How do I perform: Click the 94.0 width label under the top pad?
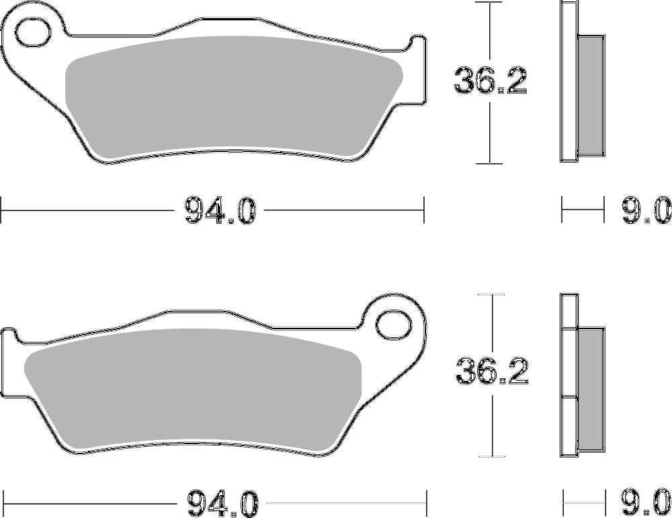[x=219, y=210]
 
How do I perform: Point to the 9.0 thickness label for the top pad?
[x=646, y=210]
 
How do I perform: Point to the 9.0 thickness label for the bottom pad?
[x=646, y=502]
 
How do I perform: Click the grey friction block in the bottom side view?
[x=591, y=390]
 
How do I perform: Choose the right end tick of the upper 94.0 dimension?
[x=424, y=210]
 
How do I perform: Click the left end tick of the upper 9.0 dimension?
[x=562, y=210]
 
